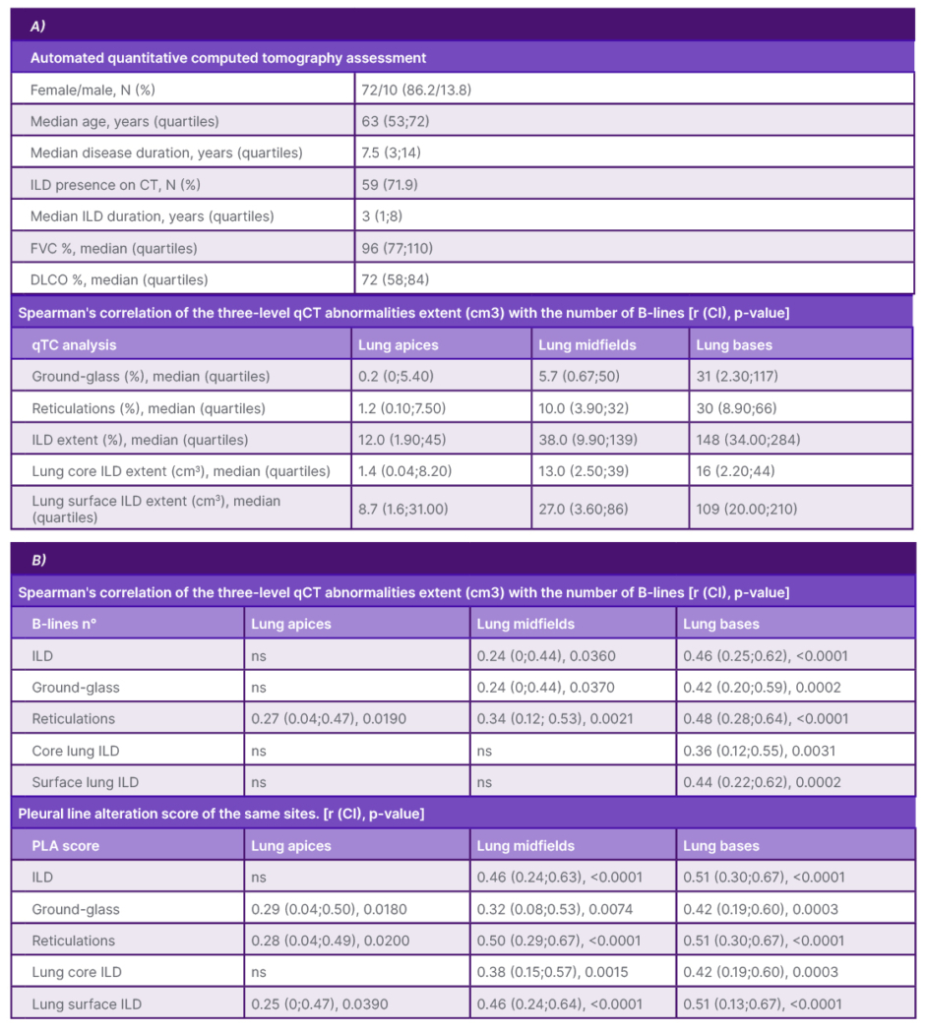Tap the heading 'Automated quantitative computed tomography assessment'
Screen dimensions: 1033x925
[x=228, y=58]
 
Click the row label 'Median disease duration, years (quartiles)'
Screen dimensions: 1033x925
[x=166, y=152]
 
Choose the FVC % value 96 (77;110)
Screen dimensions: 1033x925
[x=398, y=247]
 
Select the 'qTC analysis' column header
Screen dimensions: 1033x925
[x=74, y=344]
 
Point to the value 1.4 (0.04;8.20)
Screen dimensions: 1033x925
[x=406, y=470]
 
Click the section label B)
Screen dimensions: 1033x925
[x=37, y=560]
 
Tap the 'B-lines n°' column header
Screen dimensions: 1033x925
[x=64, y=624]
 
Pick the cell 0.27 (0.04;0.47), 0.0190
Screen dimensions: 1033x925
[x=329, y=718]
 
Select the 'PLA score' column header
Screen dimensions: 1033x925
[x=65, y=845]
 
